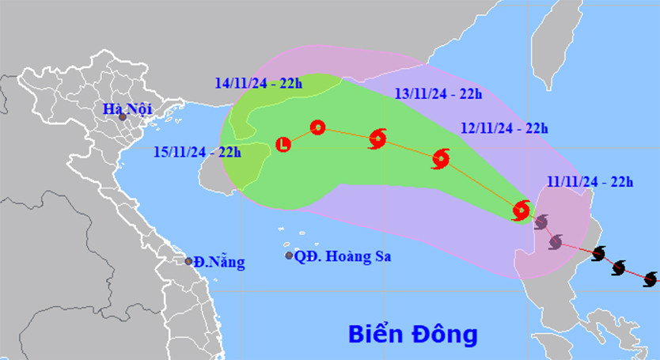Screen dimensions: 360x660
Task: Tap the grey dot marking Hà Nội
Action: click(x=123, y=117)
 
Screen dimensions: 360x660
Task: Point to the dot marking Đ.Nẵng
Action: click(x=188, y=261)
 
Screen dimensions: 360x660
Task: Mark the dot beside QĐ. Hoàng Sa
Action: click(x=289, y=255)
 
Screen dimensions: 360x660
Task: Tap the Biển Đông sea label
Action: click(x=413, y=335)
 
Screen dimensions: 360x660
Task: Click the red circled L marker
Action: click(x=284, y=144)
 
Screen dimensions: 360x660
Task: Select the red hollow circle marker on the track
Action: click(x=317, y=127)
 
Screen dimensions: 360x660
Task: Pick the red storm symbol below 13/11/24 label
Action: click(x=377, y=139)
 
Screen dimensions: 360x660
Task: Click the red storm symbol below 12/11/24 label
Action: click(x=441, y=159)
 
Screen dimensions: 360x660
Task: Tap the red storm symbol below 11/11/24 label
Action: click(x=521, y=210)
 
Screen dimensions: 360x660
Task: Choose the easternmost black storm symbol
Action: click(x=651, y=279)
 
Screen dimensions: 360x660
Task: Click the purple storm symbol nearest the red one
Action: click(x=541, y=222)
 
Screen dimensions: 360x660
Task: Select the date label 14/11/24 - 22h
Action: click(x=257, y=82)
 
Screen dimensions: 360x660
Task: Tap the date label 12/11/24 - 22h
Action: click(x=504, y=128)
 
